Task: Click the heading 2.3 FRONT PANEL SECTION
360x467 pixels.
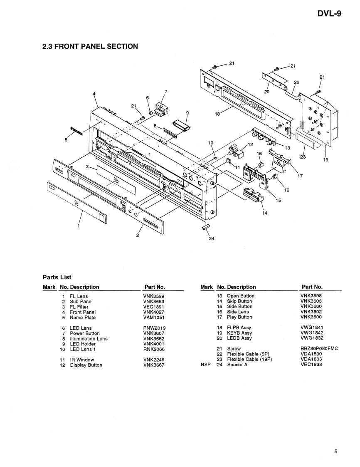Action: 90,46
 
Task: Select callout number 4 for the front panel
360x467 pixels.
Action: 94,94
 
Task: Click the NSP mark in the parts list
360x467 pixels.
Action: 206,365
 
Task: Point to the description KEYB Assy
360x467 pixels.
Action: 239,333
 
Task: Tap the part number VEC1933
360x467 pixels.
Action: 311,365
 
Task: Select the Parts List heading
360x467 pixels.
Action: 57,277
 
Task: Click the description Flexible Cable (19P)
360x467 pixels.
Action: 249,359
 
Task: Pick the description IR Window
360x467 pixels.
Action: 82,360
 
